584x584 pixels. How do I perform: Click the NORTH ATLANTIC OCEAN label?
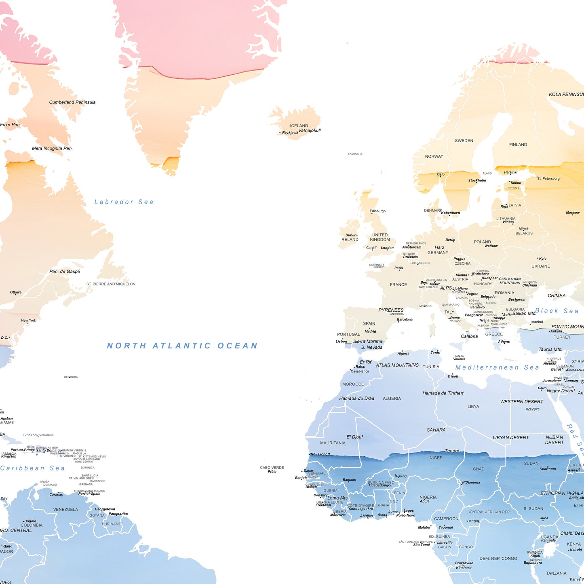(x=182, y=346)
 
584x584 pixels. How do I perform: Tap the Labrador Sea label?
(x=124, y=202)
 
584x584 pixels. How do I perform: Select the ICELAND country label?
(x=299, y=126)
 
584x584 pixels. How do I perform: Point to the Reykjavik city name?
(x=290, y=133)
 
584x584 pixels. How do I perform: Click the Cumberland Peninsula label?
(x=72, y=102)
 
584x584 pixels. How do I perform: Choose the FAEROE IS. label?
(x=355, y=154)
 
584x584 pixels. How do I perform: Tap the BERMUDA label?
(x=71, y=377)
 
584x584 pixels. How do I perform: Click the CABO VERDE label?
(x=272, y=468)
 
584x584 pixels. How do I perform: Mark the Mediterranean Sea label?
(x=497, y=367)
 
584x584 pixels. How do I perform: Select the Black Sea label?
(x=557, y=311)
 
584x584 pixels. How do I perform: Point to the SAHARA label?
(x=436, y=430)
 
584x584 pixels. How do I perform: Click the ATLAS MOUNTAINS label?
(x=397, y=365)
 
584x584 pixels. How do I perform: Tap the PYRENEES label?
(x=391, y=310)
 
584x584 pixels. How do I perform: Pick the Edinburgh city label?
(x=377, y=211)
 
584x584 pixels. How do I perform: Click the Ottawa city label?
(x=16, y=292)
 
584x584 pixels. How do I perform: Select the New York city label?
(x=29, y=320)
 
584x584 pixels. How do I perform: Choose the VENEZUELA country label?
(x=65, y=509)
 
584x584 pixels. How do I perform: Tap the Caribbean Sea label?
(x=32, y=468)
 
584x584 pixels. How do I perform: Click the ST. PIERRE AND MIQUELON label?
(x=111, y=284)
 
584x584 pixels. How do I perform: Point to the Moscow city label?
(x=573, y=213)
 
